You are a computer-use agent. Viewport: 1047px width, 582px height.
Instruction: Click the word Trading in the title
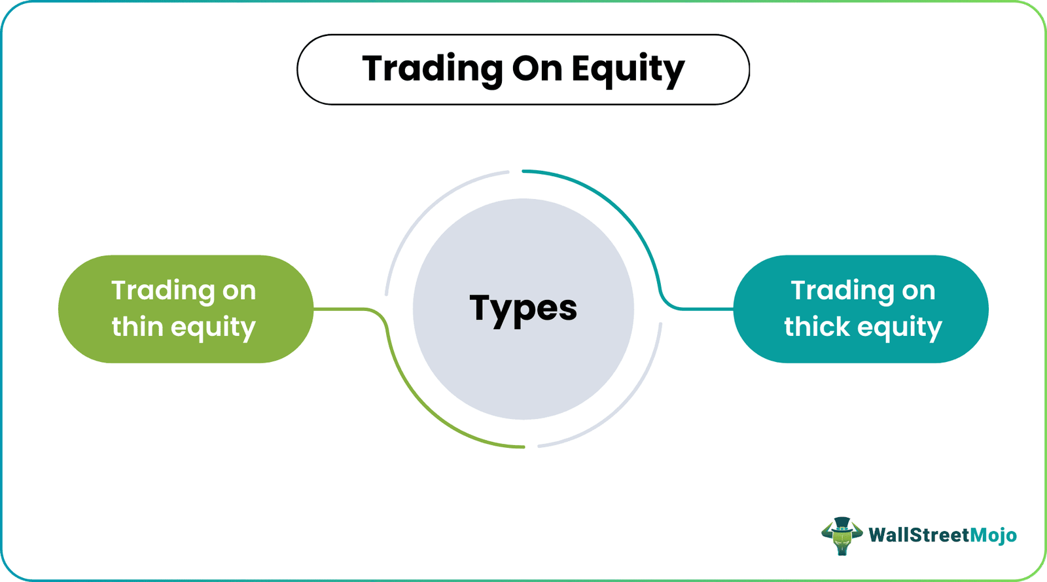431,69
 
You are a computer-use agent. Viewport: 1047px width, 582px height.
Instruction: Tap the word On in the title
537,69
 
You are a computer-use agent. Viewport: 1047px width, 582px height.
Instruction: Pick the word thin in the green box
137,327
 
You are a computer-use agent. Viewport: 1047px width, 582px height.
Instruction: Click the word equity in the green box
213,328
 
